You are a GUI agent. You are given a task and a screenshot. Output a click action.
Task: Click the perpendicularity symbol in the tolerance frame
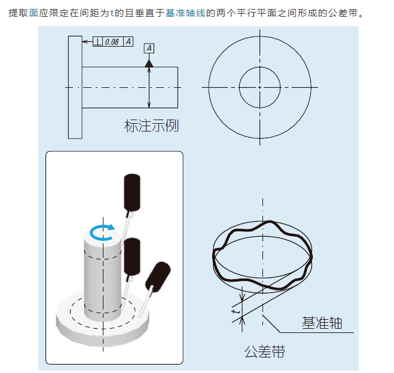99,42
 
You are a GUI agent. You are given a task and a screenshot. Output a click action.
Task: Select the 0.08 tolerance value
112,42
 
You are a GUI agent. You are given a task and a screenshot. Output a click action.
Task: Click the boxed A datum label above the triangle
149,48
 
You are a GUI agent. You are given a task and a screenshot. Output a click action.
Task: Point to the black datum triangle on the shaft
149,62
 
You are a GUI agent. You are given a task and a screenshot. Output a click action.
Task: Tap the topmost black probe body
132,192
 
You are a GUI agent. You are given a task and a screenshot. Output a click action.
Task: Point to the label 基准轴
322,323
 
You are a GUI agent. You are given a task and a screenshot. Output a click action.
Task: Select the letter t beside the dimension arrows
235,312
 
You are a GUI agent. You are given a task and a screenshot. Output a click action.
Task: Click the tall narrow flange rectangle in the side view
75,87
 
